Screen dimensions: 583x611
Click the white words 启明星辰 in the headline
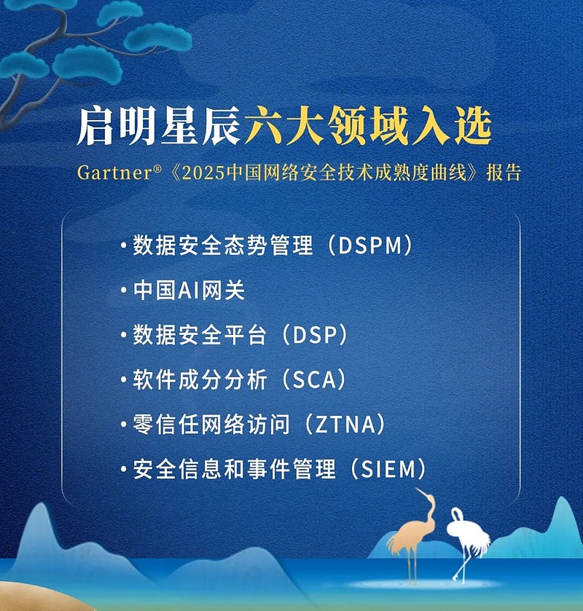[159, 127]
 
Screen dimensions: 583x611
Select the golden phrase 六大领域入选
[368, 127]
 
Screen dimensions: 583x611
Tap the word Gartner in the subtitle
[114, 173]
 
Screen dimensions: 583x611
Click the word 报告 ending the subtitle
[504, 173]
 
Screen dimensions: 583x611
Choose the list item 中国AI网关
[189, 291]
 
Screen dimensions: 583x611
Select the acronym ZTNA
[345, 425]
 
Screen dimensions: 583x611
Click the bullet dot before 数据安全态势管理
[124, 245]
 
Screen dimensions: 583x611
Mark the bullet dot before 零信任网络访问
[124, 425]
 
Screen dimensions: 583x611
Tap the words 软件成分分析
[200, 380]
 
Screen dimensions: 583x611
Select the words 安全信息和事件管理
[234, 469]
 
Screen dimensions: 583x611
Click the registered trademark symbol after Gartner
[157, 169]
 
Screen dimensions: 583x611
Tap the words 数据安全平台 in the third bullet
[200, 335]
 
